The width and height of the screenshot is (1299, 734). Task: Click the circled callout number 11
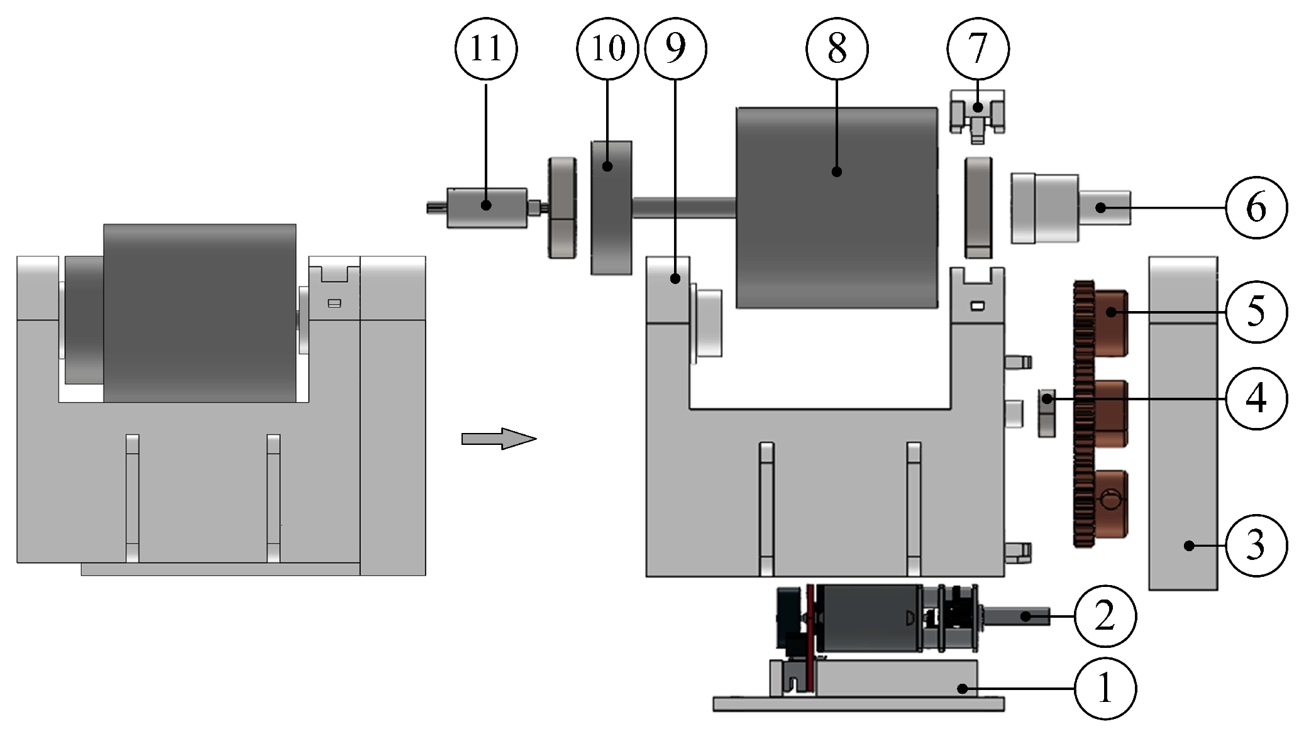pos(486,48)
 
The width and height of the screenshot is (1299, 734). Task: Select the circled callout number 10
pos(607,48)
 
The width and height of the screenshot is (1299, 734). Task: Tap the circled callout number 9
pos(675,48)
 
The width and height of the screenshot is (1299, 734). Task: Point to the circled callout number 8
pos(837,48)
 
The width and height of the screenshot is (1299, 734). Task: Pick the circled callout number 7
pos(978,48)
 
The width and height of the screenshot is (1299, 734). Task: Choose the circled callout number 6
pos(1256,207)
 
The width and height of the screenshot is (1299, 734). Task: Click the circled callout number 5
pos(1256,311)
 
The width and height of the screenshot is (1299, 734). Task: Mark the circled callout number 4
pos(1256,398)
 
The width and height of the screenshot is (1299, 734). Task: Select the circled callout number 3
pos(1256,545)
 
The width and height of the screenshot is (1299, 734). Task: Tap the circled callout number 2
pos(1105,616)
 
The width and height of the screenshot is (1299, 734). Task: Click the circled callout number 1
pos(1105,689)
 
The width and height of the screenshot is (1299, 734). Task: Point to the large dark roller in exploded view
pos(837,207)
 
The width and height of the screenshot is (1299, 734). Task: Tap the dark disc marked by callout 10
pos(611,207)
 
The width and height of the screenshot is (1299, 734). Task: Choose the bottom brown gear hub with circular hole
pos(1110,503)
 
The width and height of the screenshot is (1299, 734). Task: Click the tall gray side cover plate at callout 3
pos(1183,440)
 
